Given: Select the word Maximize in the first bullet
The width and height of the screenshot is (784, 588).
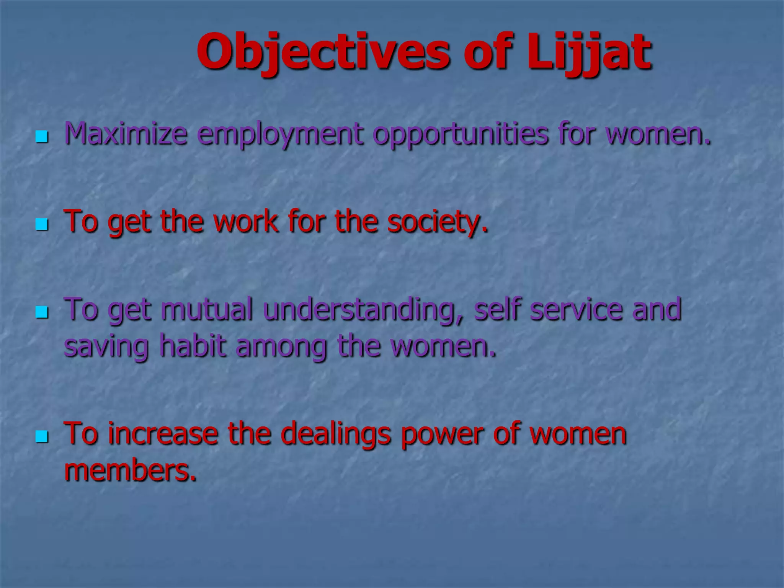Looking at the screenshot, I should [x=126, y=134].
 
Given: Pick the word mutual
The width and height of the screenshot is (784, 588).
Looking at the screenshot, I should [x=207, y=309].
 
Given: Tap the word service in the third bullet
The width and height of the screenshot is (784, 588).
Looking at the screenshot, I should [x=576, y=309].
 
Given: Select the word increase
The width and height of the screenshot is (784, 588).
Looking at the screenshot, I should [x=163, y=434].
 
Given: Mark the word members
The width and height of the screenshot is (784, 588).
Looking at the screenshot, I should [x=130, y=470].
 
